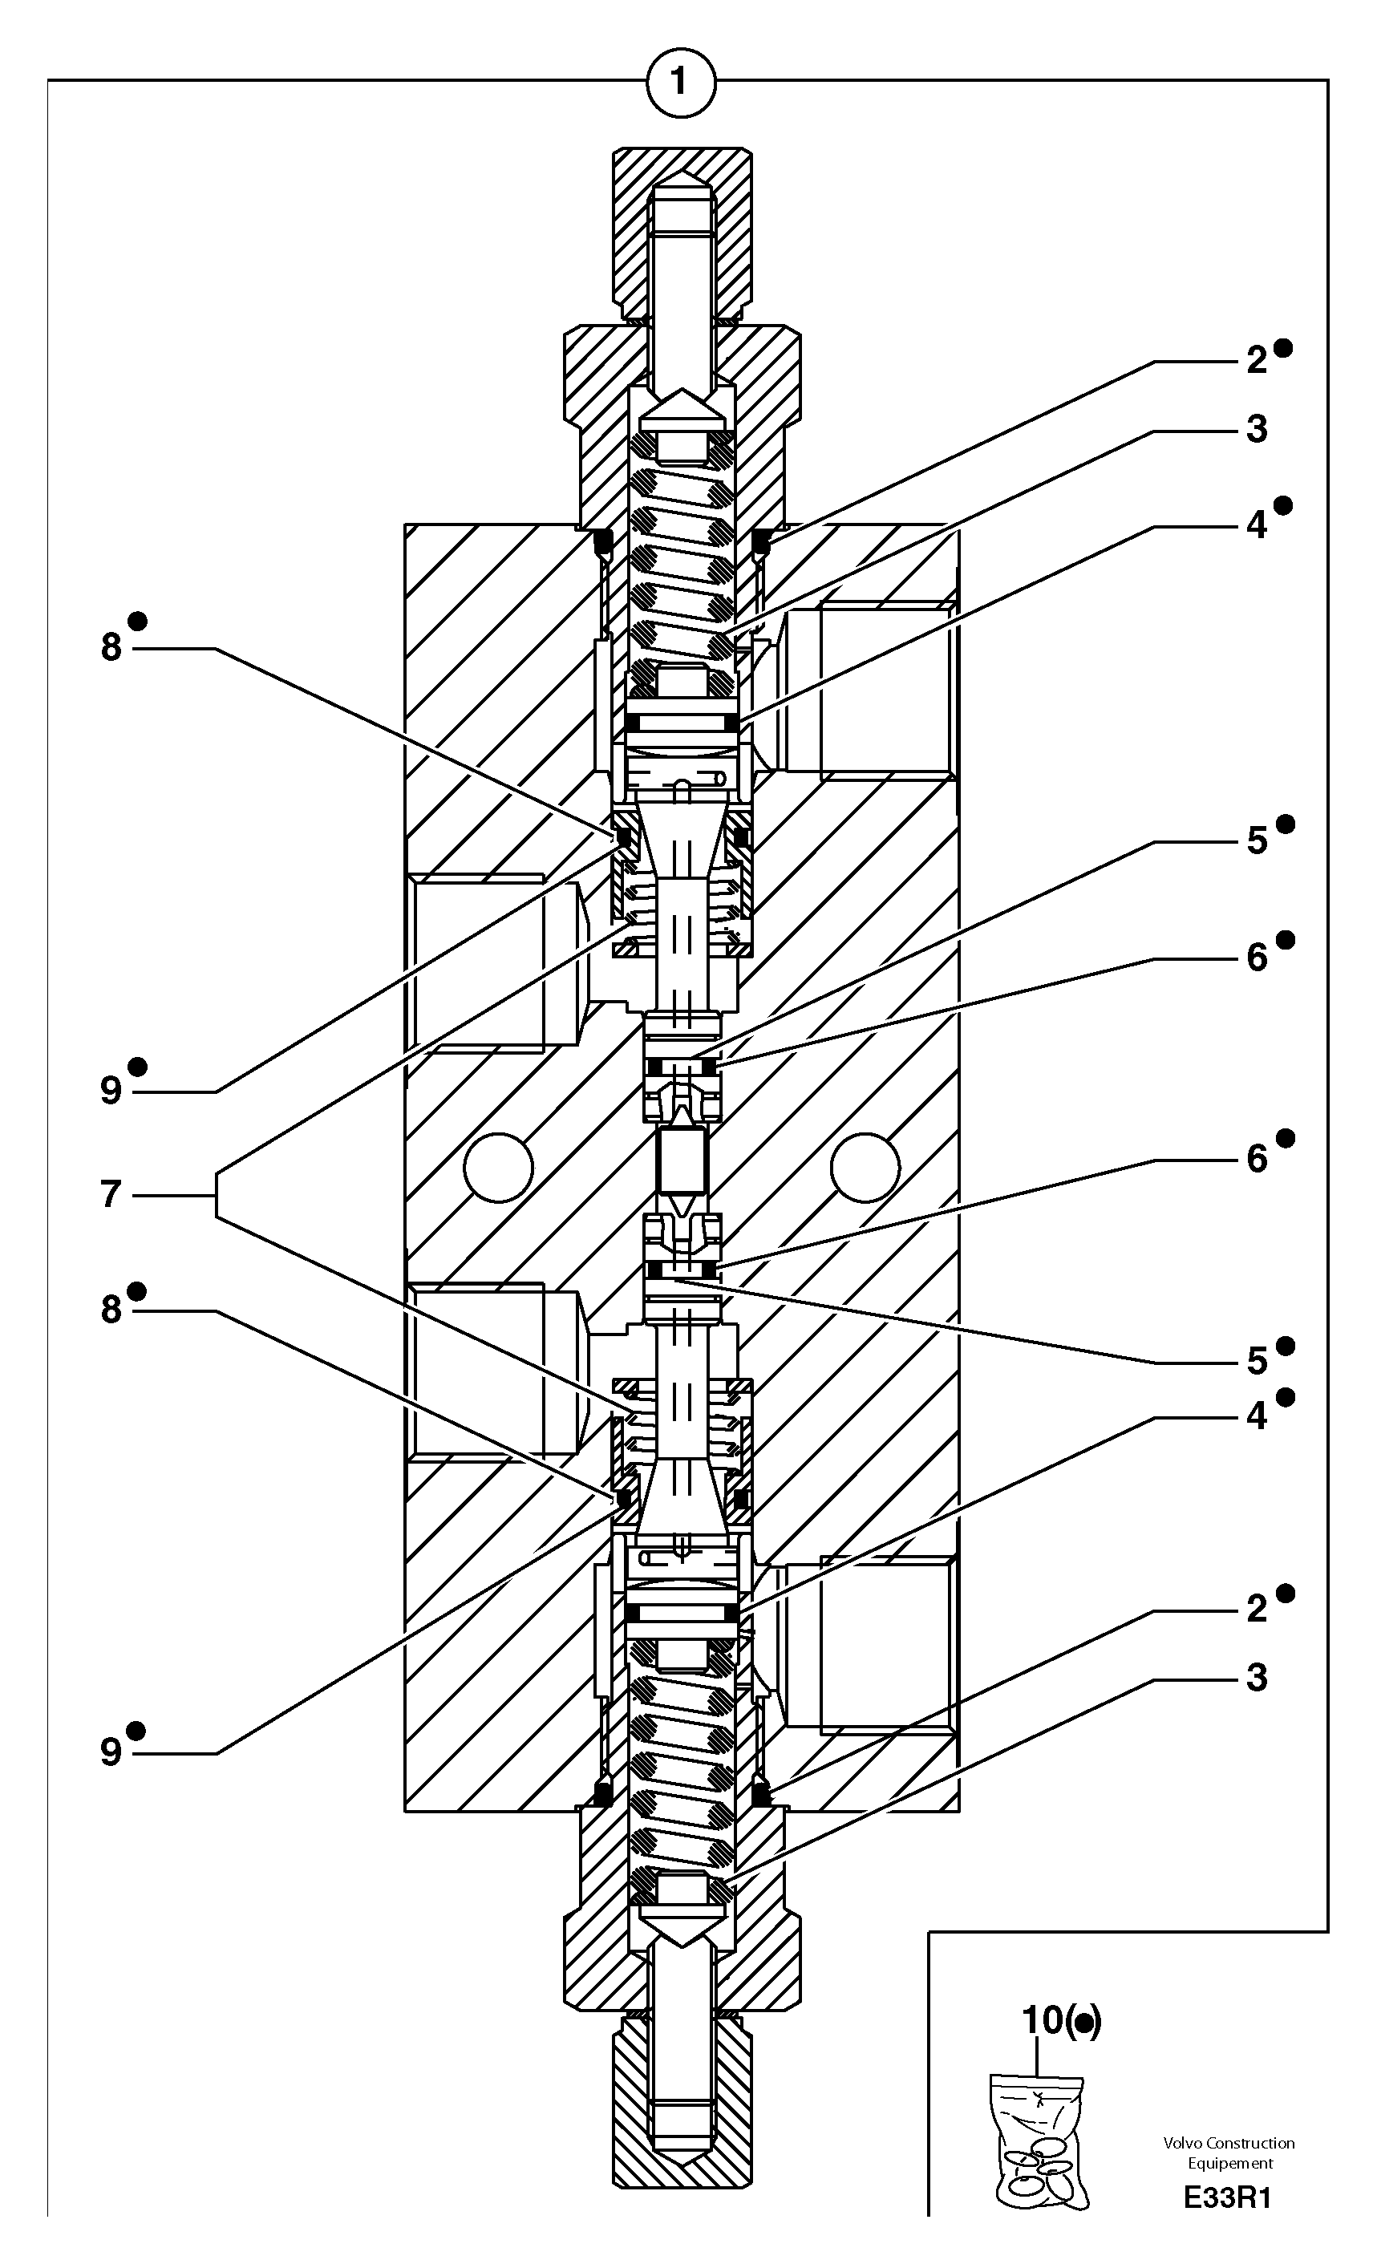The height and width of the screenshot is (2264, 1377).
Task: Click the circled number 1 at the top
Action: point(680,82)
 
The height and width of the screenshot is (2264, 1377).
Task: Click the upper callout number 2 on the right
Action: point(1257,361)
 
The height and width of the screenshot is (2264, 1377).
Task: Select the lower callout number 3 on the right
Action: point(1257,1677)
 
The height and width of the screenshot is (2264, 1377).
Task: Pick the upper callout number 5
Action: point(1257,840)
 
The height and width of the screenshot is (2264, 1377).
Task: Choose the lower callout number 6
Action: point(1257,1160)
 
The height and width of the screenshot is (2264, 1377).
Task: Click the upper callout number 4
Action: point(1257,525)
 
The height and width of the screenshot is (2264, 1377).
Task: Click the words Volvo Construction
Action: point(1228,2143)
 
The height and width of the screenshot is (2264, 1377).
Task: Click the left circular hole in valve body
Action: point(498,1167)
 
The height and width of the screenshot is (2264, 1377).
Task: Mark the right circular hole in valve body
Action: point(865,1167)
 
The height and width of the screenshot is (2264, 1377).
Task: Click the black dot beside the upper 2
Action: point(1284,347)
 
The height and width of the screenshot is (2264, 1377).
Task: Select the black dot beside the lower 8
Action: point(137,1292)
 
